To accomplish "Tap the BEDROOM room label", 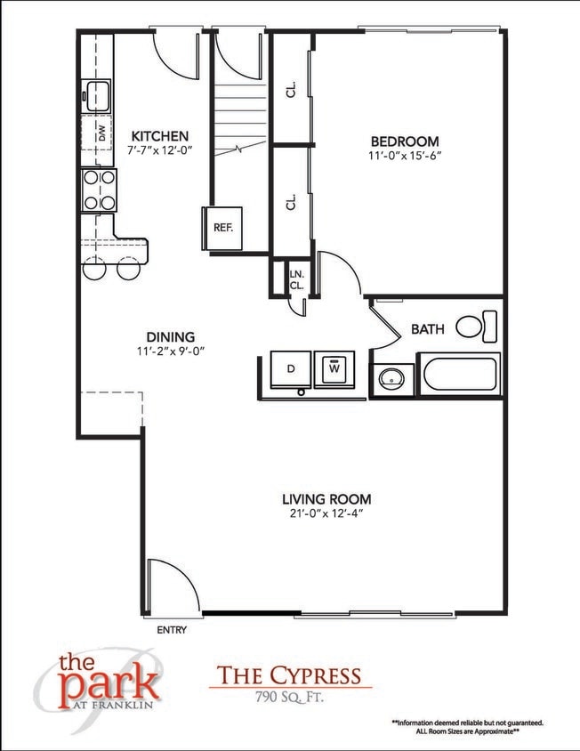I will tap(405, 141).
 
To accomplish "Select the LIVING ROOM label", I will tap(326, 499).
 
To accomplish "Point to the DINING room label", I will tap(171, 336).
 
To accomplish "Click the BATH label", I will tap(427, 329).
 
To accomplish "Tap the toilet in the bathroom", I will tap(476, 326).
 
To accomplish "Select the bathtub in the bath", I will tap(461, 374).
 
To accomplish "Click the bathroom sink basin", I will tap(391, 379).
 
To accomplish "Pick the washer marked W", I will tap(334, 367).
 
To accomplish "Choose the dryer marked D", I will tap(290, 368).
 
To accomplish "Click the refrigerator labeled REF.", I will tap(222, 227).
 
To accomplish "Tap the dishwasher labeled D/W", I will tap(101, 134).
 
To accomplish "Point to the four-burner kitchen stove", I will tap(100, 190).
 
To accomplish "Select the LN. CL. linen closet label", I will tap(296, 280).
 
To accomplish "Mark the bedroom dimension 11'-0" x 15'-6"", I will tap(405, 156).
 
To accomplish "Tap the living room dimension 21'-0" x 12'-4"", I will tap(326, 513).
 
